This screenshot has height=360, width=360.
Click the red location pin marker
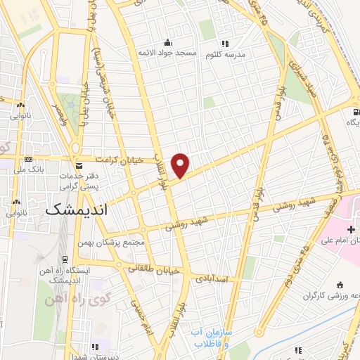click(181, 165)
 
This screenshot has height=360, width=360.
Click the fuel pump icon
click(356, 112)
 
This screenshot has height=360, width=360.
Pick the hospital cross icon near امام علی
click(350, 230)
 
